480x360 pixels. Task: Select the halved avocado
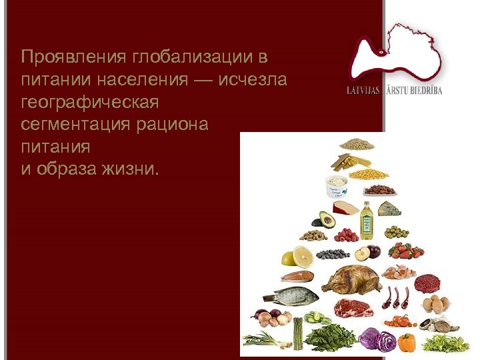tap(327, 219)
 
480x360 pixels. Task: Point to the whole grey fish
tap(287, 295)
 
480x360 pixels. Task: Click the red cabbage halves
tap(377, 339)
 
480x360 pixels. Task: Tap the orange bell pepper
tap(407, 343)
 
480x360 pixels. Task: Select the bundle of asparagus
tap(298, 333)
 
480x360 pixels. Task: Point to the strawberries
tap(407, 251)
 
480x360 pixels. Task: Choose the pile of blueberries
tap(332, 254)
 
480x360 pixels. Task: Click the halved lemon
tap(297, 257)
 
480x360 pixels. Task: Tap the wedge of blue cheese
tap(389, 209)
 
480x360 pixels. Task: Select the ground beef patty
tap(427, 283)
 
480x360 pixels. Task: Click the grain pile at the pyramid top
tap(357, 143)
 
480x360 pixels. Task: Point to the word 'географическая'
tap(89, 102)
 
